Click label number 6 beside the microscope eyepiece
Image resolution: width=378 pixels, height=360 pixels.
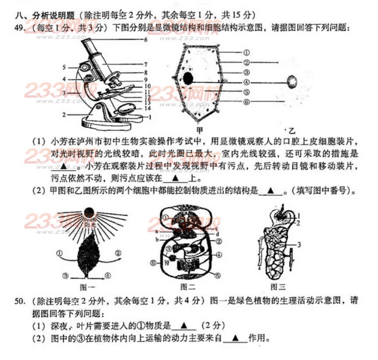[146, 40]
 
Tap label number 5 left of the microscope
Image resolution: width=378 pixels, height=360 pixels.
[64, 68]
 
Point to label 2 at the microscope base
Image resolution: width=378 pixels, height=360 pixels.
[64, 115]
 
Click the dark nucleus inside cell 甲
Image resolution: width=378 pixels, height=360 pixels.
[188, 79]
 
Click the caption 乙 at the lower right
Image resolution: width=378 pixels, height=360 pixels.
[291, 130]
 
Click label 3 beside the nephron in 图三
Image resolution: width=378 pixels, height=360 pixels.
[299, 245]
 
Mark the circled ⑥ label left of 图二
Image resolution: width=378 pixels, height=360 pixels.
[153, 263]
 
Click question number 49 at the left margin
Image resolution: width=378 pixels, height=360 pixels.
[20, 28]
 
